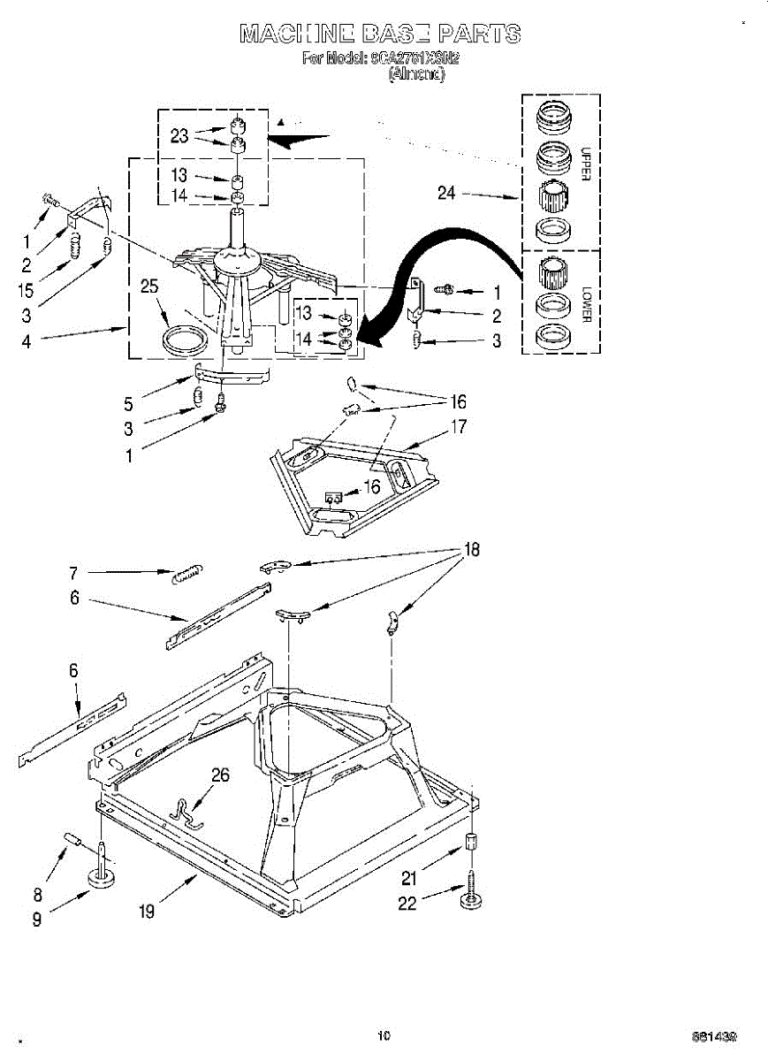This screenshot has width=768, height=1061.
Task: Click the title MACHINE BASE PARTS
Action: coord(380,34)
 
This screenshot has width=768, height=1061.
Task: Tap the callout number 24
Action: coord(446,192)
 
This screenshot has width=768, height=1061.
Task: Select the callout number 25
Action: coord(150,286)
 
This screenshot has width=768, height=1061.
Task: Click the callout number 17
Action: coord(459,427)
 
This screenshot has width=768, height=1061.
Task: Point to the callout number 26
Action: coord(220,775)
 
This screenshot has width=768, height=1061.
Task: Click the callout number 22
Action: coord(407,905)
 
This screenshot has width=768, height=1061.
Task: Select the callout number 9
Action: coord(36,920)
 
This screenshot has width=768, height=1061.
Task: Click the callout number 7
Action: coord(73,572)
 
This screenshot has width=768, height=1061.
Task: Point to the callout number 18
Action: coord(472,550)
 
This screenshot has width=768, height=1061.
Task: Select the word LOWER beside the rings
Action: coord(584,302)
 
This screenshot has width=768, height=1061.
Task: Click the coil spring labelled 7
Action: coord(186,573)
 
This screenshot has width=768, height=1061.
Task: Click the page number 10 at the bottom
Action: coord(384,1034)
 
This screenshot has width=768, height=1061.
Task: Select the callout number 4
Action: coord(26,340)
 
